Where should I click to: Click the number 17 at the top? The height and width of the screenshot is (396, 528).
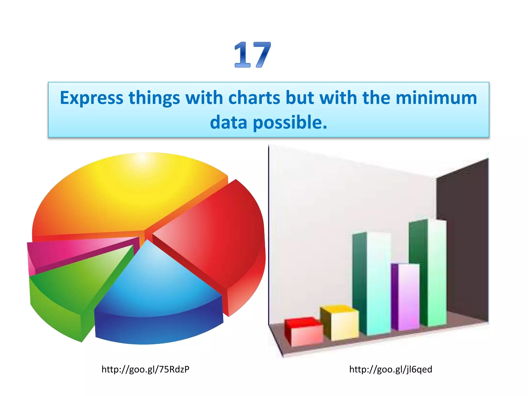point(252,55)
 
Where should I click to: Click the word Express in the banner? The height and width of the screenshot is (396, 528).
point(92,98)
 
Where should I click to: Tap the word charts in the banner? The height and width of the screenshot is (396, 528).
point(254,98)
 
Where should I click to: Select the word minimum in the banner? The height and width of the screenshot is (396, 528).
point(436,98)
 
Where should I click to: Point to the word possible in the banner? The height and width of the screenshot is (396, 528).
point(290,123)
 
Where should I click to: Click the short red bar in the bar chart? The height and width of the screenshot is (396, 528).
point(304,333)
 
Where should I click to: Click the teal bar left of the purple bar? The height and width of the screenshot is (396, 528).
point(373,284)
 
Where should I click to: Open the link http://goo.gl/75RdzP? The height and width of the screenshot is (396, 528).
point(145,369)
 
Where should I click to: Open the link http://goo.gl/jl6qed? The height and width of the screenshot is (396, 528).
point(391,369)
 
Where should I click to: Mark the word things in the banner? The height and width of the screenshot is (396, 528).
point(154,98)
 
